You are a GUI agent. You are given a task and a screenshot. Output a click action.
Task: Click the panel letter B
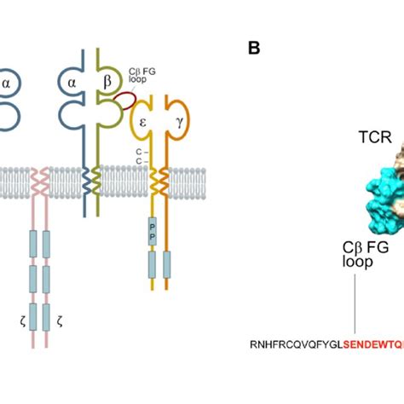coord(254,49)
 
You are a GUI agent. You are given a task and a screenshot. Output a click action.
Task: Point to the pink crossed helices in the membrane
coord(39,182)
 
